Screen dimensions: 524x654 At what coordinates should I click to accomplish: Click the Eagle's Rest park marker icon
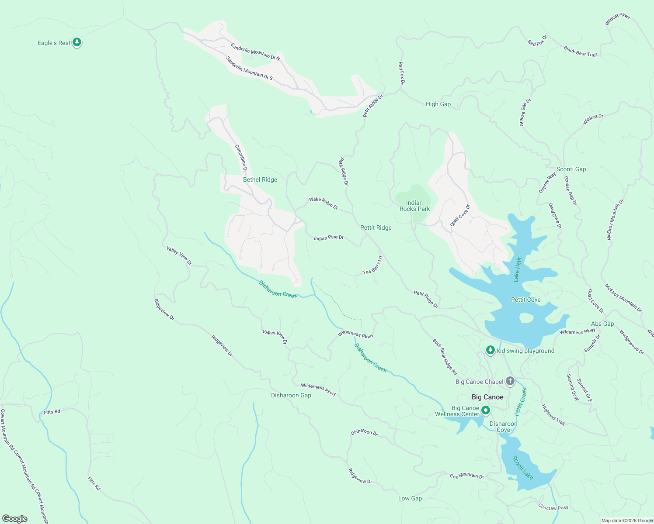click(77, 42)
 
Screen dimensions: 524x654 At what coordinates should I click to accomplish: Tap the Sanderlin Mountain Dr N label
click(255, 52)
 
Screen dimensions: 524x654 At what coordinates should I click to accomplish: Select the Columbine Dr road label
click(241, 158)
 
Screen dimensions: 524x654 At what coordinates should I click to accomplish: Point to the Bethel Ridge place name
click(260, 179)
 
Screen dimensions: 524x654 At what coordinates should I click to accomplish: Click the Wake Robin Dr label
click(324, 203)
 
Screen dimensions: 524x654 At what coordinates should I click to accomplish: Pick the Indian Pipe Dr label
click(329, 238)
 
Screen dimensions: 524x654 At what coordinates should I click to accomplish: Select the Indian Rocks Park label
click(414, 206)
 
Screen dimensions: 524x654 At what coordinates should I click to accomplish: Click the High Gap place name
click(438, 104)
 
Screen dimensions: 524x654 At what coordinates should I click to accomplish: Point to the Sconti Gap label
click(571, 169)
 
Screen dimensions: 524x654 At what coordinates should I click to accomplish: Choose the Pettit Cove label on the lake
click(525, 300)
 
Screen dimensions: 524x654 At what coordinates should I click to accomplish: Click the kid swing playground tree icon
click(491, 350)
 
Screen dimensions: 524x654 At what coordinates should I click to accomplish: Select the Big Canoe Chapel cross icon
click(510, 381)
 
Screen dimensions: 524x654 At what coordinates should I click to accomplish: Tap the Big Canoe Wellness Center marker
click(486, 410)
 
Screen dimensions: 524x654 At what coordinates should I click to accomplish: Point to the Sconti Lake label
click(522, 468)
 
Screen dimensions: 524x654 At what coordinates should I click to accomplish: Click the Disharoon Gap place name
click(291, 395)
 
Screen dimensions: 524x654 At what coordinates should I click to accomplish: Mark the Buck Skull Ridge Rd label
click(445, 357)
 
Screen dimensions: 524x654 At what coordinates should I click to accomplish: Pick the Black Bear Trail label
click(580, 52)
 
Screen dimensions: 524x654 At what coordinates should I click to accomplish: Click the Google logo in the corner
click(14, 518)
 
